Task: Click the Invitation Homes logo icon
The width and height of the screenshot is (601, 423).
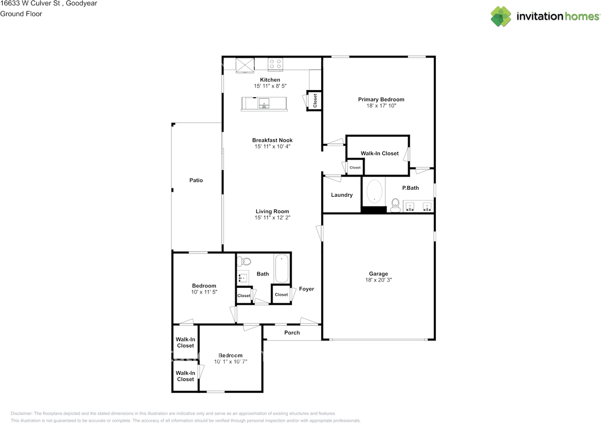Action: pos(501,16)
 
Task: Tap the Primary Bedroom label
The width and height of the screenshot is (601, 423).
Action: pos(381,100)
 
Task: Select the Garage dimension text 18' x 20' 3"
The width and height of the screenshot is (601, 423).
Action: pos(378,280)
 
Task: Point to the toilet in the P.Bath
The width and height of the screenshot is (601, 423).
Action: pos(395,204)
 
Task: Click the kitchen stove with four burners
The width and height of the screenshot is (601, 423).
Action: pos(275,63)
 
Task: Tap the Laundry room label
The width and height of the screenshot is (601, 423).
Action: pos(341,195)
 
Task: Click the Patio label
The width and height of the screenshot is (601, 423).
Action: pos(196,180)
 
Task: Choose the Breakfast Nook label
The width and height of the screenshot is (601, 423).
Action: pos(272,140)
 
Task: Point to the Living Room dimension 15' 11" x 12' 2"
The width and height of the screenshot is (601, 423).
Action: pos(272,218)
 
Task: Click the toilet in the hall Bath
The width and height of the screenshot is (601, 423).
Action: pos(244,261)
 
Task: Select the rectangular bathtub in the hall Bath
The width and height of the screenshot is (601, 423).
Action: pos(282,268)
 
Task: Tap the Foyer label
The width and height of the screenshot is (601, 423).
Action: pos(307,289)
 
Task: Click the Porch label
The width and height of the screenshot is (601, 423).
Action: pos(292,333)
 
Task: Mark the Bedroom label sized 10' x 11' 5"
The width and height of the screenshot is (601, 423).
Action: pos(204,286)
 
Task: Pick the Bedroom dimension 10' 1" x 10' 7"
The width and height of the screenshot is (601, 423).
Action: pos(231,362)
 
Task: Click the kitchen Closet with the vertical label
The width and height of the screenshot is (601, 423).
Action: pos(315,100)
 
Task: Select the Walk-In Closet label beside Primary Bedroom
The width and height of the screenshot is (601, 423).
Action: pos(379,154)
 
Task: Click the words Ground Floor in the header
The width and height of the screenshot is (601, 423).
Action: pos(21,14)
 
